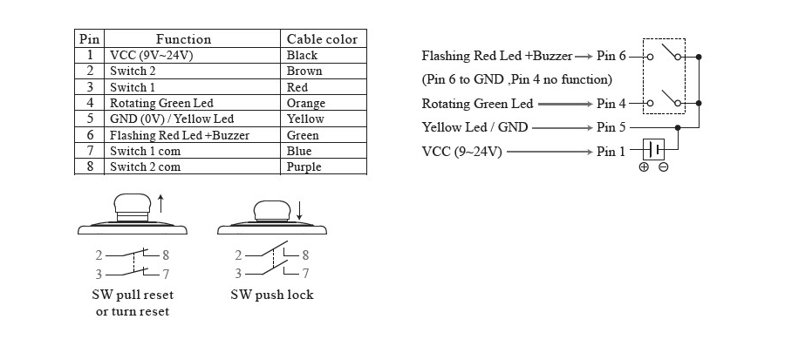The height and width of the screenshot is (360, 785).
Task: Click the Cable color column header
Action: pos(322,39)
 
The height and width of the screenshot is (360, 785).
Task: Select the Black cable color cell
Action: pos(302,55)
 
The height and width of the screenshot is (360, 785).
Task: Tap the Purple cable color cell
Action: pos(304,166)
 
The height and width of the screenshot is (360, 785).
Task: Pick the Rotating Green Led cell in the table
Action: pos(161,103)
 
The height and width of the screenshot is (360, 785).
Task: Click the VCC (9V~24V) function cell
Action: pos(151,55)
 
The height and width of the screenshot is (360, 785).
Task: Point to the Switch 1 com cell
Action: pos(145,151)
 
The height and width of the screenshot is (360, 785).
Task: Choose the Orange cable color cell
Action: pos(306,104)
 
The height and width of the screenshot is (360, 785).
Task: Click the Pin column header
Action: pos(90,39)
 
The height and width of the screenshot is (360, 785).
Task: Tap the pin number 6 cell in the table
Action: pos(90,135)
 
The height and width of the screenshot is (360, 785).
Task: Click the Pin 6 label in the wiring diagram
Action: pos(611,56)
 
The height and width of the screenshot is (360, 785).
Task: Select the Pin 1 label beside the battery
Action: pos(611,151)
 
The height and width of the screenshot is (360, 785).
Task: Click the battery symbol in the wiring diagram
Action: pos(654,149)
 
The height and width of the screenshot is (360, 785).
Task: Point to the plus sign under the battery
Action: pos(644,167)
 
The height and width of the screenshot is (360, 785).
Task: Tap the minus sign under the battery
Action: pos(664,167)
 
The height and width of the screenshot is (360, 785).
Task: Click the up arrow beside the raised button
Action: pos(160,204)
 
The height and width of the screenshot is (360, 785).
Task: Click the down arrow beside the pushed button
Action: pos(299,210)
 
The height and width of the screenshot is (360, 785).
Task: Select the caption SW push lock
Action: pos(272,295)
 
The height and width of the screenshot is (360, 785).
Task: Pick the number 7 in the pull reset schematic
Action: pos(166,274)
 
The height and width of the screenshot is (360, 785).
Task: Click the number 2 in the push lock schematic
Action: pos(238,255)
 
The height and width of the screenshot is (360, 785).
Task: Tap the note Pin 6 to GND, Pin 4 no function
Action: pos(517,79)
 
